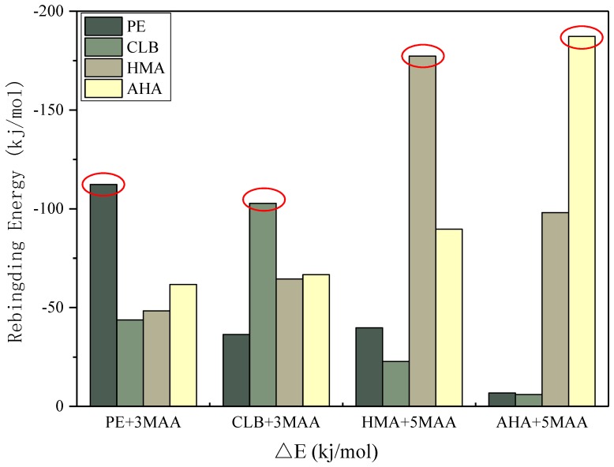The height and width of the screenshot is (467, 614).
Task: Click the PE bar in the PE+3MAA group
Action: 103,295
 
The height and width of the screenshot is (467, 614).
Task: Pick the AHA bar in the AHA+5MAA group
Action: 582,221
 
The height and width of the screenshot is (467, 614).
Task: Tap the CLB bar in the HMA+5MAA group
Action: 395,383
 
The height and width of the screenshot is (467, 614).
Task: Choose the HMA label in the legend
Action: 143,68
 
